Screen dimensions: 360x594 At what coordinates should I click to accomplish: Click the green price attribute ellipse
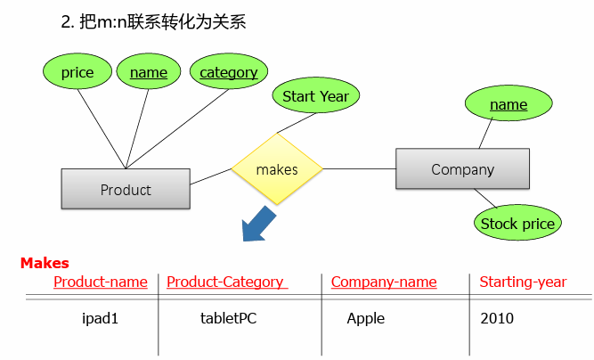tap(77, 73)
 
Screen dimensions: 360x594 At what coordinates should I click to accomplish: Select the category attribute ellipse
tap(229, 73)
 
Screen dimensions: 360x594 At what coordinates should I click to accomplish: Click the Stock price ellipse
tap(517, 224)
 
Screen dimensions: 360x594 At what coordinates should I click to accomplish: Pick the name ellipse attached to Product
tap(148, 73)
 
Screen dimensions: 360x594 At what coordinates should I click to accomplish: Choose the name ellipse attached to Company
tap(509, 105)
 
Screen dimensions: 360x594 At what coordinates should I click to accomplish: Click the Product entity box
tap(126, 189)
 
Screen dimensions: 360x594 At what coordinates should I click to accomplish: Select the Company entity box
tap(462, 169)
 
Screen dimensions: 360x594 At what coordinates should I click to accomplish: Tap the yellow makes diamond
tap(277, 169)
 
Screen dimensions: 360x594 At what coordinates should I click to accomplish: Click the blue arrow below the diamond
tap(260, 223)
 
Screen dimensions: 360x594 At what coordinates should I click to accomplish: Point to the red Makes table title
tap(45, 263)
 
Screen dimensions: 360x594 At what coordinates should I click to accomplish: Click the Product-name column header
tap(101, 282)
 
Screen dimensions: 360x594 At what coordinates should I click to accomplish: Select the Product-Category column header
tap(225, 282)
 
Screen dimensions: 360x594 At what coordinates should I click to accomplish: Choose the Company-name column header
tap(384, 282)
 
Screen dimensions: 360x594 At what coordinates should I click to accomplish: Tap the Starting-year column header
tap(523, 282)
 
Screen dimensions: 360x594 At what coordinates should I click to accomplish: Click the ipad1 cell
tap(100, 318)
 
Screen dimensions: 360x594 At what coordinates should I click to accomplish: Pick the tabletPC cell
tap(229, 318)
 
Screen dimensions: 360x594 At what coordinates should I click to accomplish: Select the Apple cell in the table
tap(366, 318)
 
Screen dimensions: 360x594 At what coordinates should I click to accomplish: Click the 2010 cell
tap(497, 318)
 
